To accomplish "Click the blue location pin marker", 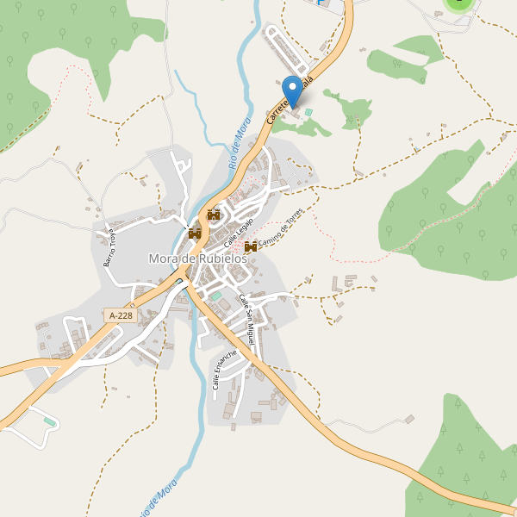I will click(x=293, y=90).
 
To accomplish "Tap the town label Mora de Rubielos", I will click(x=198, y=258).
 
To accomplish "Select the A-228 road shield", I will click(x=121, y=316).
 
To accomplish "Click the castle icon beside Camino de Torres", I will click(x=251, y=247).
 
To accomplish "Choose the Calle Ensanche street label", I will click(x=224, y=369).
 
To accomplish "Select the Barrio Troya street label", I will click(x=115, y=247).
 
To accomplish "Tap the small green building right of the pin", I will click(x=308, y=112).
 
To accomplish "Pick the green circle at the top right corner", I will click(x=460, y=3).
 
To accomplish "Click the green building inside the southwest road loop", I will click(x=50, y=421).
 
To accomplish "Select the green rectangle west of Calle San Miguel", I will click(x=217, y=296).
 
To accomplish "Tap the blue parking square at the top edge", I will click(x=322, y=3).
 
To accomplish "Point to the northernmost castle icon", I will click(x=214, y=215).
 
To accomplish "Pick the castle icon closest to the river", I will click(x=195, y=233).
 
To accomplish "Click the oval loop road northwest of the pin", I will click(x=287, y=50).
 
